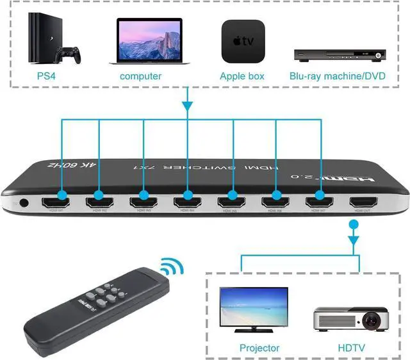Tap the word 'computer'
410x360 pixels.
pyautogui.click(x=141, y=76)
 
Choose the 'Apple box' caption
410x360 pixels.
pyautogui.click(x=242, y=76)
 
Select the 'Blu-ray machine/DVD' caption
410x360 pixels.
pyautogui.click(x=338, y=76)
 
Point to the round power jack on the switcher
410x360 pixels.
pyautogui.click(x=24, y=204)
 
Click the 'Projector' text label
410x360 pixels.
pyautogui.click(x=259, y=348)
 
